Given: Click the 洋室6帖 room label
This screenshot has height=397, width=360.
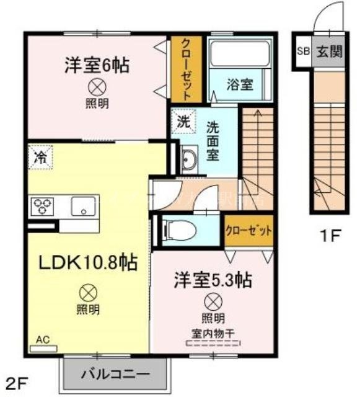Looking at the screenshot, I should (97, 65).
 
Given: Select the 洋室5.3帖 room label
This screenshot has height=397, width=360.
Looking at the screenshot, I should (212, 280).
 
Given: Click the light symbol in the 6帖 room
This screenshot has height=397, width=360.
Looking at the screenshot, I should (97, 86).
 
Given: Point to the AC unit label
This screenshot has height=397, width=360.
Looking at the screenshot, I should (43, 340).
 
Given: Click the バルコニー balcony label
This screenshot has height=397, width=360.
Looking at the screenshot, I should (115, 375).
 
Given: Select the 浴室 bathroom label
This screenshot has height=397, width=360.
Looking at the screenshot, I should (240, 84).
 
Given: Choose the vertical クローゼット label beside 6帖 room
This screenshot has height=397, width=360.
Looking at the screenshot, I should (185, 68).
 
